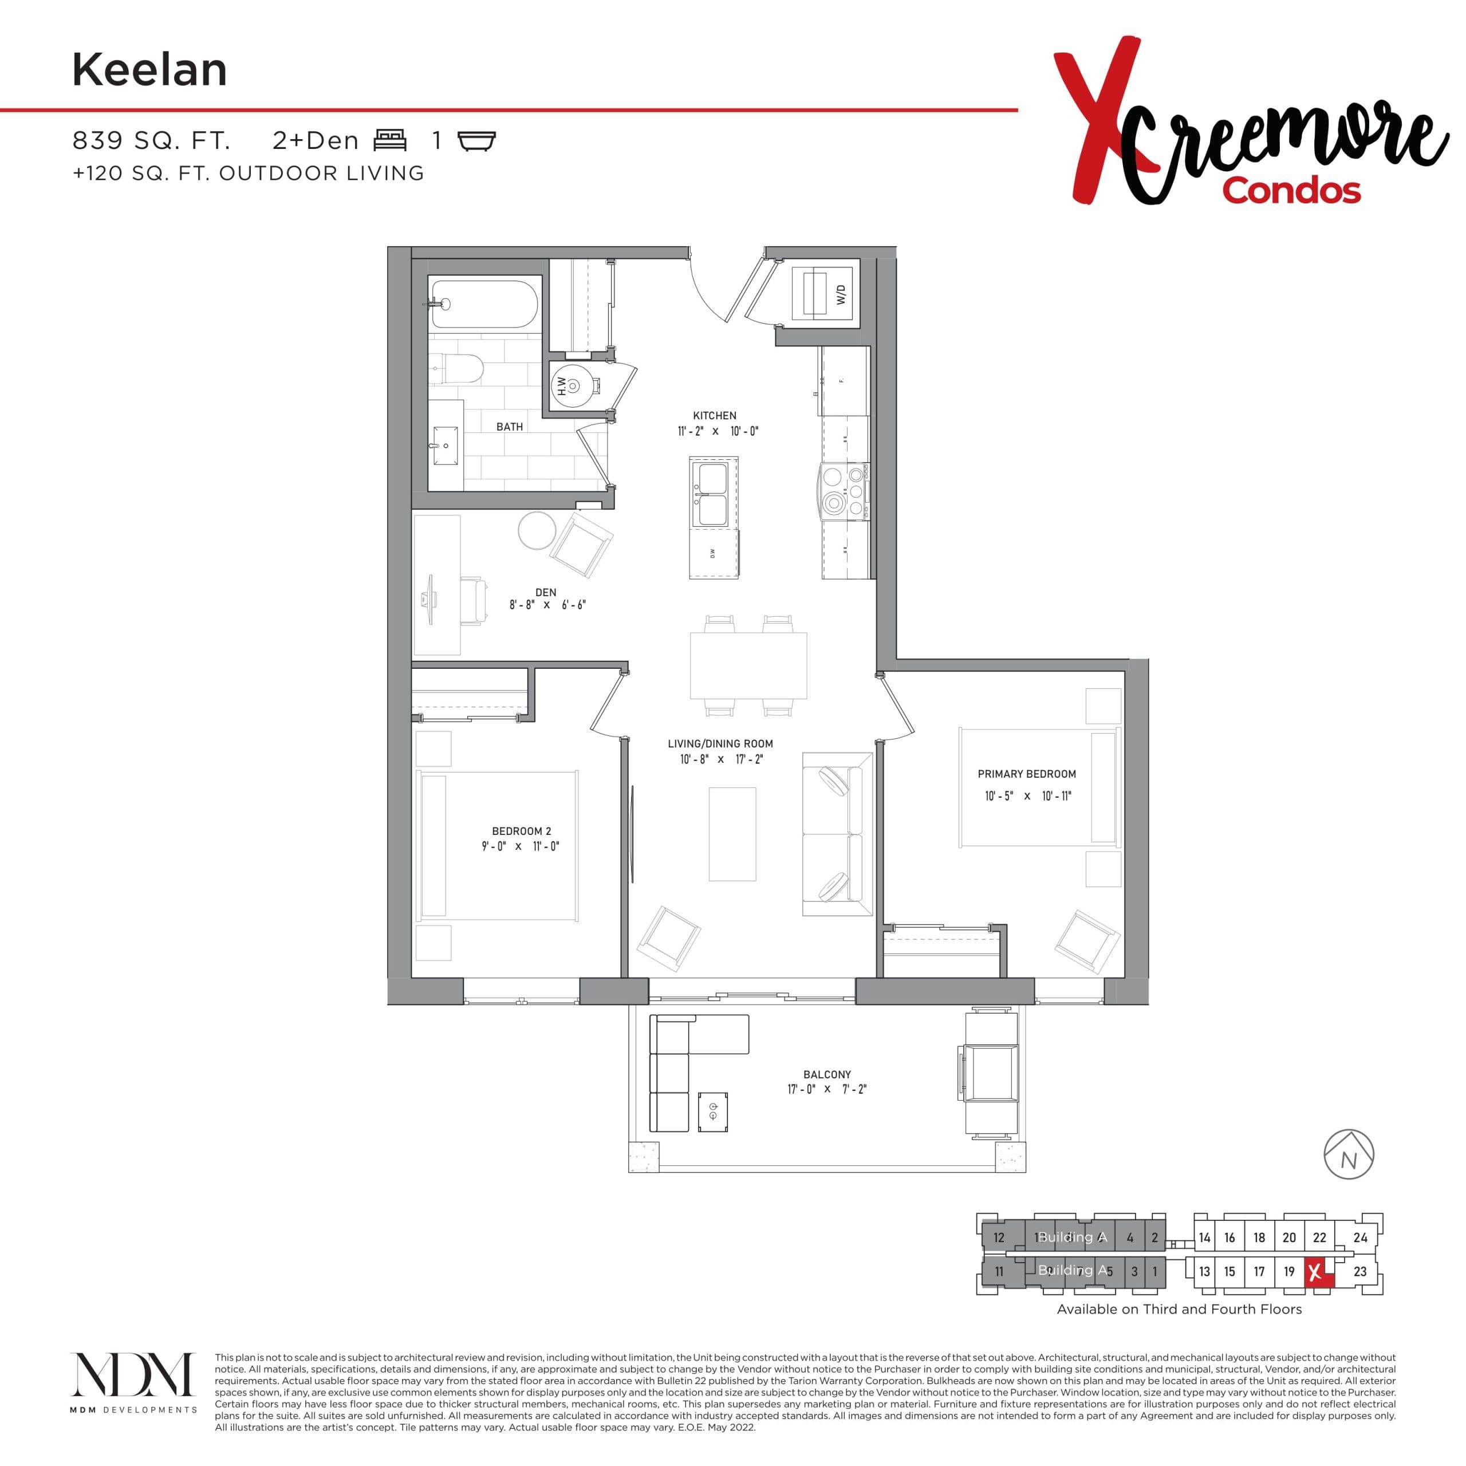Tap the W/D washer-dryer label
pos(841,294)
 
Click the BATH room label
pos(509,427)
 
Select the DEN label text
pos(546,593)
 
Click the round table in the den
pos(537,530)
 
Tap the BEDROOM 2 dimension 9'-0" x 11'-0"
pos(520,846)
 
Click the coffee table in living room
pos(732,834)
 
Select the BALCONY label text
pos(827,1074)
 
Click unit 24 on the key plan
pos(1359,1238)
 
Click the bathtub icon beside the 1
pos(477,141)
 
